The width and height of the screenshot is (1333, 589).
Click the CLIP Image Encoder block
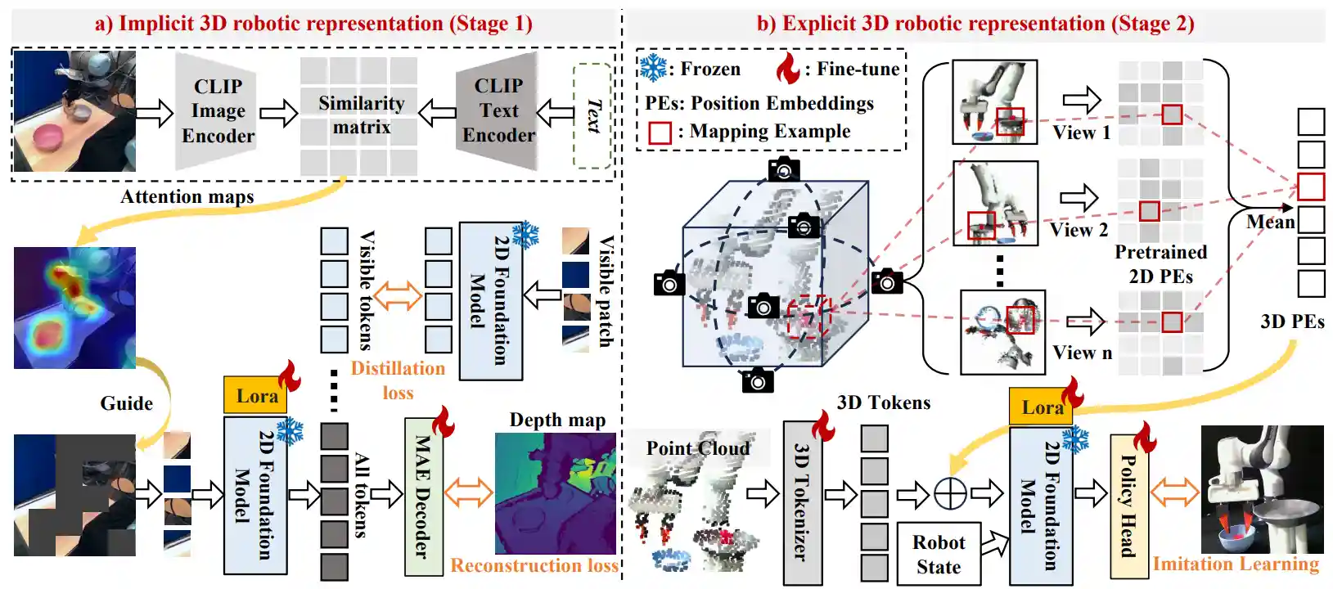pos(217,111)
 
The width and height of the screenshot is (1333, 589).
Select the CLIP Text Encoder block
pos(498,110)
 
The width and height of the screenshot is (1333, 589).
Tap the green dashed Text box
pos(592,115)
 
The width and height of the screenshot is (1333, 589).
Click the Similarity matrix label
pos(361,115)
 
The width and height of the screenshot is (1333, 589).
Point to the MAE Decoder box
pos(423,496)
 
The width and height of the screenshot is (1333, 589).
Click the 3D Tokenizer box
pos(802,502)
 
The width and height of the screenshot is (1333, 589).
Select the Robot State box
pos(939,554)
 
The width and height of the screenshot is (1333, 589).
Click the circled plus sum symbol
pos(950,493)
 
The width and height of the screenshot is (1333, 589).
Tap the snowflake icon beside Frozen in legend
pos(653,68)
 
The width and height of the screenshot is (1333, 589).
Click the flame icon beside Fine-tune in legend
pos(787,69)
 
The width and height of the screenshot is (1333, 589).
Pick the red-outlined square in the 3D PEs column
pos(1311,187)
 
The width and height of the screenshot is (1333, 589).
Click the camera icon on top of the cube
pos(784,169)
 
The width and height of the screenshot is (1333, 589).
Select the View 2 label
pos(1079,230)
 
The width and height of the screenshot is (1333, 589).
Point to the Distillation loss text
pos(398,380)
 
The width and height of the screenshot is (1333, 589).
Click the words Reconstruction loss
pos(534,565)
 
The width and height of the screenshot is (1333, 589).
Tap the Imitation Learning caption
pos(1236,564)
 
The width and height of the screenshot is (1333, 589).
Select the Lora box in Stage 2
pos(1041,407)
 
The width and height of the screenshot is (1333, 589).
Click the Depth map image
pos(556,493)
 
